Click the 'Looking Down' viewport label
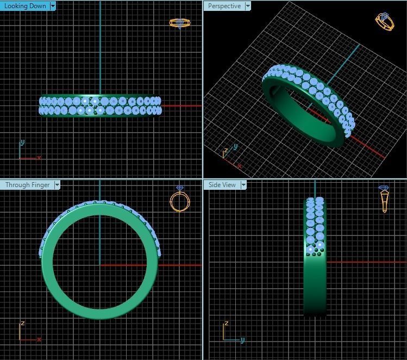(25, 6)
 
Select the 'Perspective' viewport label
(224, 6)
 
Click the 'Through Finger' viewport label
(27, 185)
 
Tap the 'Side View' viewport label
(222, 185)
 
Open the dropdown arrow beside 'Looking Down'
(53, 6)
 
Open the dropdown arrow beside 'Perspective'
(248, 6)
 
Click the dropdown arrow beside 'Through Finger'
(57, 185)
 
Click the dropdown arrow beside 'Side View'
(243, 185)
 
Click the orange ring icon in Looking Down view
(180, 23)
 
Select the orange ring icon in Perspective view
(385, 21)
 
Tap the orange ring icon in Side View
(385, 199)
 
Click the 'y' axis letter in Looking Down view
(22, 142)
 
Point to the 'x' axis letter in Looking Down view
(39, 158)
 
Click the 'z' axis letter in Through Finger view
(22, 323)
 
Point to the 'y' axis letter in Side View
(242, 340)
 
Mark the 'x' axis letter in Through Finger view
(39, 339)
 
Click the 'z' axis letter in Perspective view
(226, 150)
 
